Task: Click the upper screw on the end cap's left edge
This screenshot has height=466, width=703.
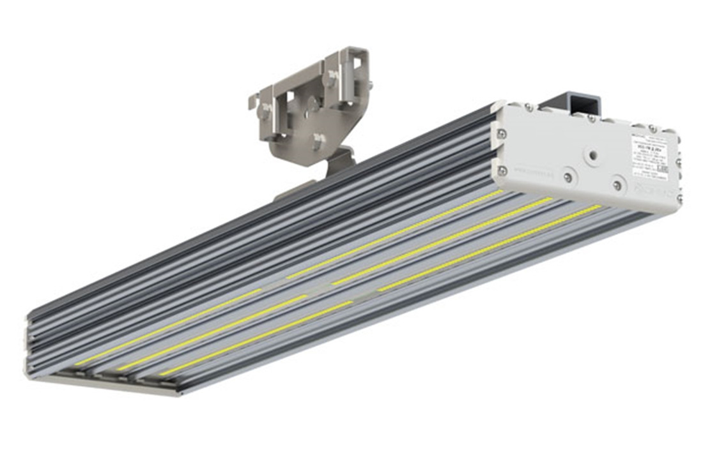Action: click(x=502, y=133)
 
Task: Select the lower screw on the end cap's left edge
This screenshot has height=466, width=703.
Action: click(x=503, y=170)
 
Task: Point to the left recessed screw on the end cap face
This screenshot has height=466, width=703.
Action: click(x=568, y=177)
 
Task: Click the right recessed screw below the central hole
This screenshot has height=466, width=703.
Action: click(x=617, y=185)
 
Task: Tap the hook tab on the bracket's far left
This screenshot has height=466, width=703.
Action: click(x=254, y=100)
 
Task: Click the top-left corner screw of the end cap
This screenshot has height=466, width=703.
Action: click(x=529, y=107)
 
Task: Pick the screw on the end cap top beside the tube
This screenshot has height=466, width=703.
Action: click(x=592, y=117)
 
